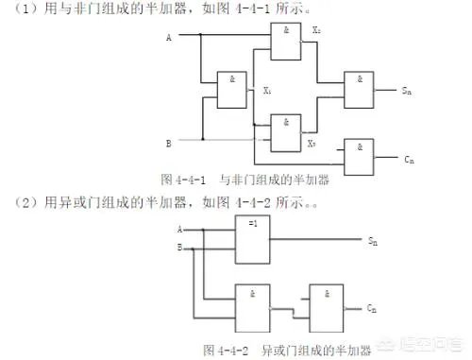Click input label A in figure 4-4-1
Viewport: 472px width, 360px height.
pyautogui.click(x=168, y=38)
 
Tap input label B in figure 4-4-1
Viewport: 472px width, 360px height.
pyautogui.click(x=168, y=144)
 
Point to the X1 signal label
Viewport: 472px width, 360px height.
pyautogui.click(x=268, y=92)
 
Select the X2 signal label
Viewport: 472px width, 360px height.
pyautogui.click(x=314, y=30)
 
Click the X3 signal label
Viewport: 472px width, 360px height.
pyautogui.click(x=311, y=144)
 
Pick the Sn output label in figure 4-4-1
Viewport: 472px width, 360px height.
pyautogui.click(x=405, y=92)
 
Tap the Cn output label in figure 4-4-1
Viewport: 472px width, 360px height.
pyautogui.click(x=408, y=159)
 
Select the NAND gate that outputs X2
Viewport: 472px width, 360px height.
pyautogui.click(x=284, y=42)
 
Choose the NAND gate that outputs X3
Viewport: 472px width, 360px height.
pyautogui.click(x=284, y=131)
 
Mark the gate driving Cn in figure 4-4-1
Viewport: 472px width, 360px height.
pyautogui.click(x=360, y=156)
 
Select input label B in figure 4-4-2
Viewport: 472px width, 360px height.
pyautogui.click(x=179, y=248)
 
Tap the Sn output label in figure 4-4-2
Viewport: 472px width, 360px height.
pyautogui.click(x=372, y=241)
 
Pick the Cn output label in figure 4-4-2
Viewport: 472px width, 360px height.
pyautogui.click(x=372, y=309)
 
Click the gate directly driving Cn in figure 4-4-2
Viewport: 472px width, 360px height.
pyautogui.click(x=327, y=305)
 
